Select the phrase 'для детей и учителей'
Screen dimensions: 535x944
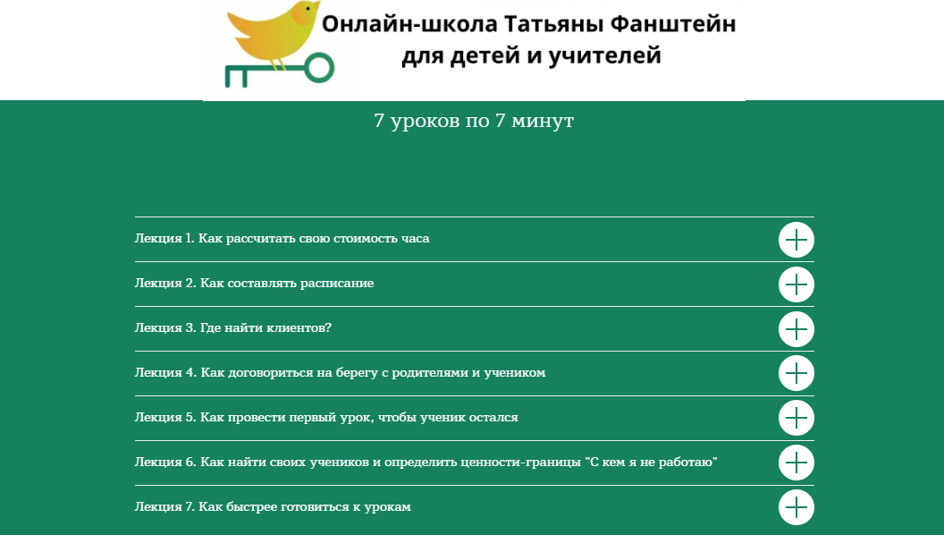(x=531, y=57)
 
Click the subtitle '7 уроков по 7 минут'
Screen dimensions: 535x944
(x=473, y=121)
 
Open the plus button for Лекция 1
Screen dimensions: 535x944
(x=796, y=240)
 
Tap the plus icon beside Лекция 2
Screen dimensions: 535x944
(x=796, y=284)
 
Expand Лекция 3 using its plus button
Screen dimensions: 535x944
(x=796, y=329)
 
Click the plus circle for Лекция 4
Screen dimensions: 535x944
(x=796, y=374)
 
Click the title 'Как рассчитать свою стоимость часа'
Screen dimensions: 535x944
(x=315, y=239)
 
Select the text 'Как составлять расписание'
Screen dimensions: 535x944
(x=287, y=284)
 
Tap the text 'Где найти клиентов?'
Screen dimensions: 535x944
(x=266, y=328)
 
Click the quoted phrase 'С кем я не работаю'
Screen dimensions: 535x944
(x=652, y=463)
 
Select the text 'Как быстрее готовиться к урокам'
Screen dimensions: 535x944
(x=305, y=507)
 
